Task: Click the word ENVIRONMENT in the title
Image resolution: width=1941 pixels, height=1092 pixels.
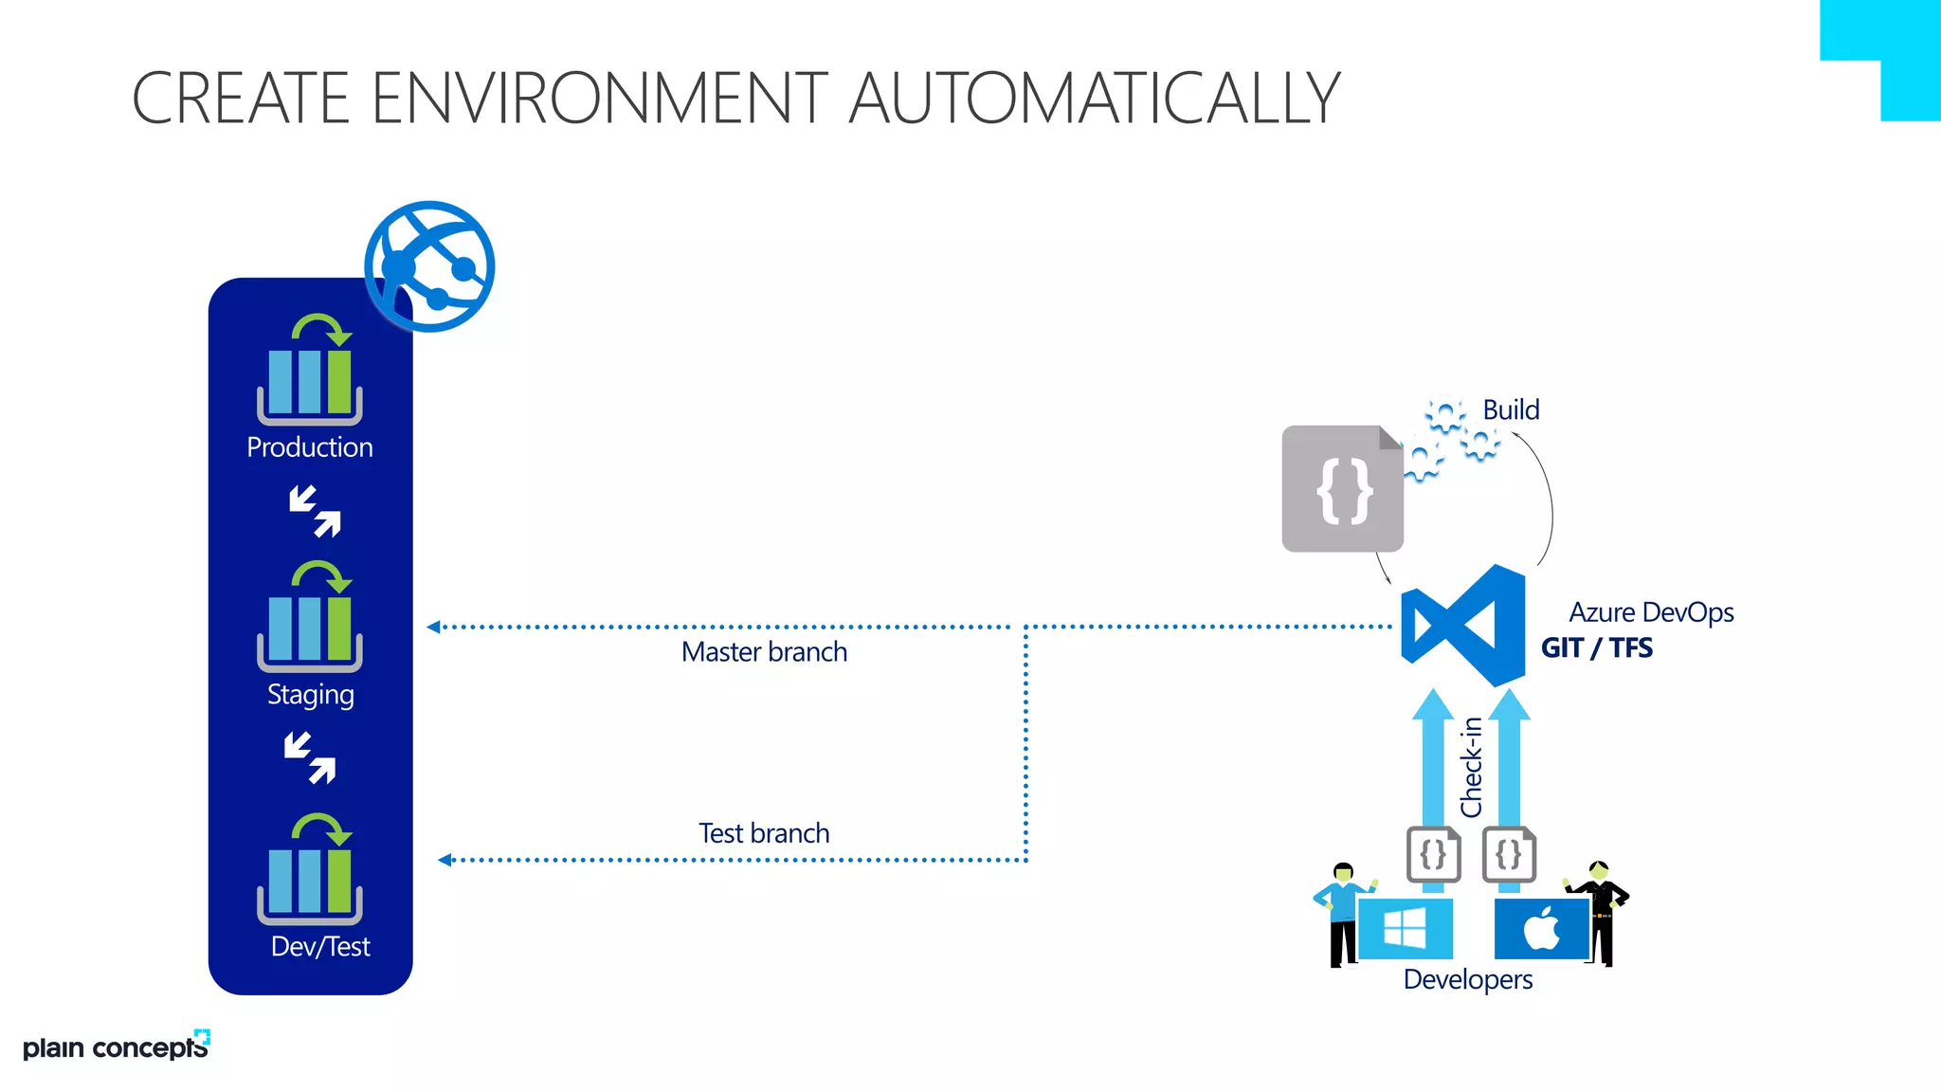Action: [x=599, y=98]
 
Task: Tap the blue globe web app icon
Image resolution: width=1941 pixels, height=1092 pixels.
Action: [x=429, y=266]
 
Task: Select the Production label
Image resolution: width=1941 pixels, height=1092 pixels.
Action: [x=310, y=447]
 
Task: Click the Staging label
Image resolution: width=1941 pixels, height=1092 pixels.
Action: [x=310, y=695]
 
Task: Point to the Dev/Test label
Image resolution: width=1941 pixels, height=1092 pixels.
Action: [x=320, y=946]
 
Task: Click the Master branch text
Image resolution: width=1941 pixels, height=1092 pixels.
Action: [x=764, y=652]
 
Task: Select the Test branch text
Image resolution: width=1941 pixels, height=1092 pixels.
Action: [x=764, y=833]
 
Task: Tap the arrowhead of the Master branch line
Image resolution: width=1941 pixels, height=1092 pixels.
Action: [x=433, y=627]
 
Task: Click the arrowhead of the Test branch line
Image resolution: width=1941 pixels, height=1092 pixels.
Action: [x=444, y=860]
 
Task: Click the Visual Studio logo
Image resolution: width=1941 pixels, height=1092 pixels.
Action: [x=1463, y=626]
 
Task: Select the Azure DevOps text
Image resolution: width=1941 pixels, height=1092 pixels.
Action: [x=1651, y=612]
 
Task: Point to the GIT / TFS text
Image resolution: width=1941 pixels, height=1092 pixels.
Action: [x=1597, y=648]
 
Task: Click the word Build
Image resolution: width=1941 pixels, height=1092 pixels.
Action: [x=1511, y=409]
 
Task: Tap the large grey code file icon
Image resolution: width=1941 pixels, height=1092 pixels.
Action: [x=1342, y=489]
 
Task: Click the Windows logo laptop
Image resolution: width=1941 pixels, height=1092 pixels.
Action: [x=1405, y=928]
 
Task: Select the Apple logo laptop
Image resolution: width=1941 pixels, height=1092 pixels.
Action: [x=1542, y=928]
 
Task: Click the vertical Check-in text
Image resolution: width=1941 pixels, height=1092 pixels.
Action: [x=1471, y=768]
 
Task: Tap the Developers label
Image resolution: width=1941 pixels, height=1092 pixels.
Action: [x=1467, y=979]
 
